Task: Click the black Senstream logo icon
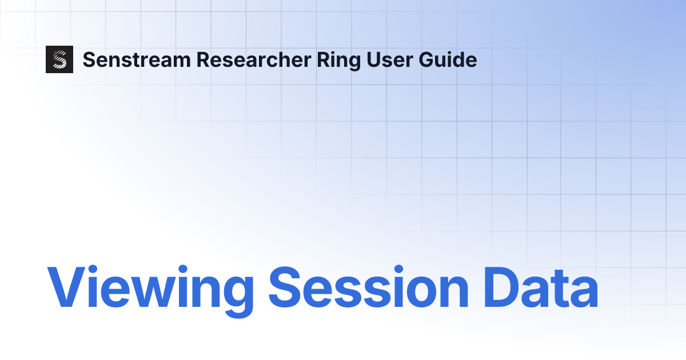59,59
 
